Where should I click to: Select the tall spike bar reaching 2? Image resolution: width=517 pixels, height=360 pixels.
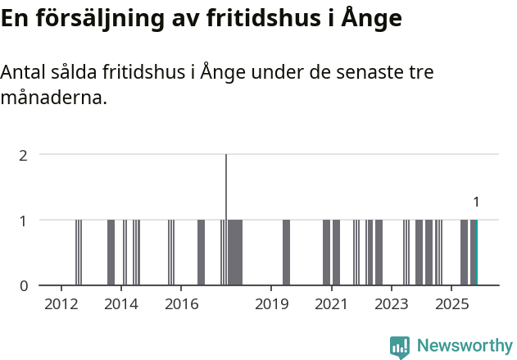click(226, 220)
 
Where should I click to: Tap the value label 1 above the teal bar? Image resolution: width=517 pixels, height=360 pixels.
click(476, 202)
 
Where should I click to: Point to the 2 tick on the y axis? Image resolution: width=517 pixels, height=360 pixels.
click(24, 154)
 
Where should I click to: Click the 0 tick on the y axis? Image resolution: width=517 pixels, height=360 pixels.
click(24, 285)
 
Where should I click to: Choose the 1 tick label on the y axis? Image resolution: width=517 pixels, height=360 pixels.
click(24, 220)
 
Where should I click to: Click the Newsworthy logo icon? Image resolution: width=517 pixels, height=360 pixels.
click(400, 347)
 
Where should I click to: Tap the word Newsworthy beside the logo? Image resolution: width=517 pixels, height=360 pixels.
click(465, 346)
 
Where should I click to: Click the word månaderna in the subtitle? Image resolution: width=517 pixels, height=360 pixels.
click(54, 98)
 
